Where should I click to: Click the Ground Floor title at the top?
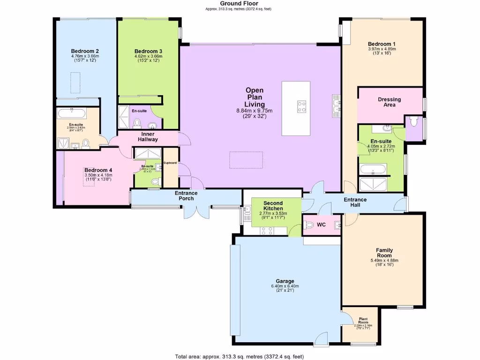coord(239,3)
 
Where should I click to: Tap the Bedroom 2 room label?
coord(84,51)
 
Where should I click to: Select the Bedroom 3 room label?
coord(148,51)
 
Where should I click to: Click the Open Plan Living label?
coord(255,97)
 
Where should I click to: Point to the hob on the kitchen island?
coord(301,106)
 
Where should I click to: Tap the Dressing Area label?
coord(389,102)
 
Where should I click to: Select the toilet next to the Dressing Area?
coord(413,121)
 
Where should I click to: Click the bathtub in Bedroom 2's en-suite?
coord(71,113)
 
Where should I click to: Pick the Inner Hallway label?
coord(148,136)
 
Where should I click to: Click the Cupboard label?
coord(170,163)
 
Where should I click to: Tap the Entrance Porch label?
coord(186,196)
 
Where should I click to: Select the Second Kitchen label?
coord(272,205)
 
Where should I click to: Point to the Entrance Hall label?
coord(355,202)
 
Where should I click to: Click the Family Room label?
coord(384,253)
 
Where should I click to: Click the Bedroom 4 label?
coord(98,170)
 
